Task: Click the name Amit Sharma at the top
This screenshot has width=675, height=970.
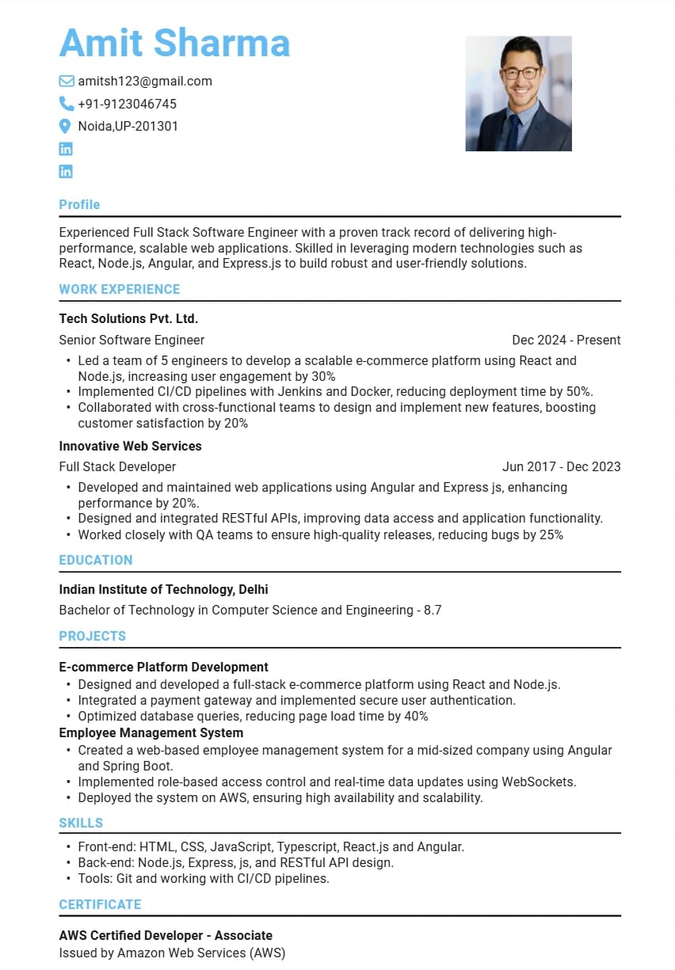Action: click(174, 42)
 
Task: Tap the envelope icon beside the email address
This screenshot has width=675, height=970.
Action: click(67, 81)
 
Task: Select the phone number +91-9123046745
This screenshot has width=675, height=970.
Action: click(127, 104)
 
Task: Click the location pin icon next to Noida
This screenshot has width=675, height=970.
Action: click(66, 126)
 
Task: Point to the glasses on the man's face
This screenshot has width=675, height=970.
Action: click(521, 73)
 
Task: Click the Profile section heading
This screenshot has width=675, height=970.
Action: click(79, 204)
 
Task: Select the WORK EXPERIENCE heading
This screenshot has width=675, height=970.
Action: click(120, 289)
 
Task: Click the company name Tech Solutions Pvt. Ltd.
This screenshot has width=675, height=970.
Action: click(128, 318)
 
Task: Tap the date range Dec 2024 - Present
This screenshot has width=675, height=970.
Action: click(566, 340)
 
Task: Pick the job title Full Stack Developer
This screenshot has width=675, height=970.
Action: click(117, 466)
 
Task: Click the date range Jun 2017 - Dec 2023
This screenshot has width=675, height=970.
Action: click(561, 466)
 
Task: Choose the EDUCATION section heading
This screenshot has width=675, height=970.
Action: click(96, 560)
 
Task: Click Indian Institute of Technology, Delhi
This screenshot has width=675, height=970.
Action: click(163, 589)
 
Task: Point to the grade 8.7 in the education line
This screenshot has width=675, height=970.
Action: click(433, 610)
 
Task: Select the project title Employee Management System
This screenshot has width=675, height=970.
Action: click(151, 732)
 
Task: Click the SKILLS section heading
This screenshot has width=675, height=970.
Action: click(81, 823)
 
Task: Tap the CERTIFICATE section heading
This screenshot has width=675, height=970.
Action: click(100, 904)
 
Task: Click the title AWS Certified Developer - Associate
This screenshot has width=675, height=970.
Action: click(166, 935)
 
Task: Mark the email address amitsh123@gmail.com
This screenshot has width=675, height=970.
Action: click(145, 81)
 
